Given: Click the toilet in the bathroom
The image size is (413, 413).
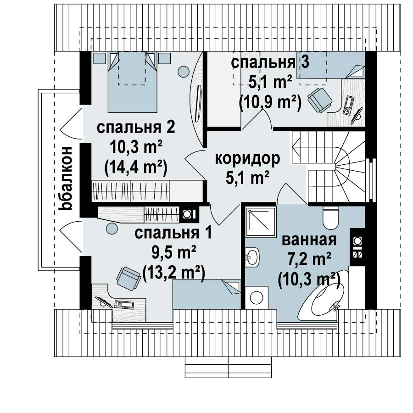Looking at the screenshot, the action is click(330, 218).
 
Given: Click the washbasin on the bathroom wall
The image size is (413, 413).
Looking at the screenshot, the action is click(252, 257).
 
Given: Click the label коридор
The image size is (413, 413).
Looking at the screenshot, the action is click(247, 159).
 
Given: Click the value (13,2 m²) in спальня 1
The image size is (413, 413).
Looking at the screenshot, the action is click(174, 273).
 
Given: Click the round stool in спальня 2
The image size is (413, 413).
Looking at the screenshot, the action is click(183, 71).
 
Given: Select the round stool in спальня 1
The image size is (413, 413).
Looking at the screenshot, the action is click(112, 228).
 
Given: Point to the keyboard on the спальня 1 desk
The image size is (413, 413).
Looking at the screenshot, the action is click(124, 305).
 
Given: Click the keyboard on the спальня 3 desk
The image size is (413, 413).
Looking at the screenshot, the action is click(348, 106).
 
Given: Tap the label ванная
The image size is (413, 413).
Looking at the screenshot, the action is click(309, 240).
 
